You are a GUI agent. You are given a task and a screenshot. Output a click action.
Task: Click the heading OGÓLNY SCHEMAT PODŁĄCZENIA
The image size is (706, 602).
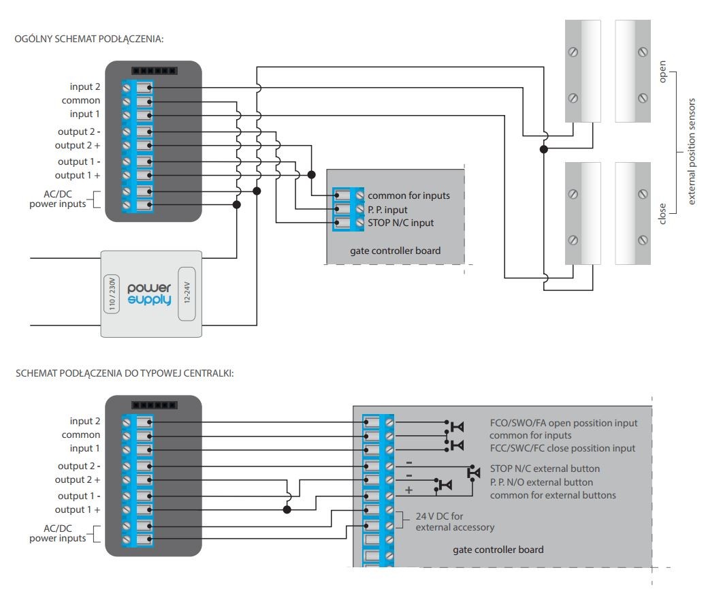click(x=89, y=39)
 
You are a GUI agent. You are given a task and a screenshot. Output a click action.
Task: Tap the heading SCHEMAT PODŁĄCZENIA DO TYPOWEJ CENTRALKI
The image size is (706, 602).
click(x=125, y=373)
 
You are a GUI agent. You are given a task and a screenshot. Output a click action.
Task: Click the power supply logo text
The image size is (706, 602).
click(x=149, y=294)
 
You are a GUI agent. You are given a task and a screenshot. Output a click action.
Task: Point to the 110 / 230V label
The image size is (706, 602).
click(x=112, y=294)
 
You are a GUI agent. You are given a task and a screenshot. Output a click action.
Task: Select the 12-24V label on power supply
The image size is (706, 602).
click(x=187, y=293)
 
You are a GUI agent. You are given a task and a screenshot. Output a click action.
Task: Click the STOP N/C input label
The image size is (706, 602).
click(x=401, y=223)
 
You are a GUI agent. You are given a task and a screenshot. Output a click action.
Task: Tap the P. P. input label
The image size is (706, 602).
click(x=387, y=210)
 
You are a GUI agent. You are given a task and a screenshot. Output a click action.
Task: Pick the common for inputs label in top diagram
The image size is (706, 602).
click(x=409, y=196)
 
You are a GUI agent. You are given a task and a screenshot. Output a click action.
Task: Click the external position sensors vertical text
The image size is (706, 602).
click(x=692, y=152)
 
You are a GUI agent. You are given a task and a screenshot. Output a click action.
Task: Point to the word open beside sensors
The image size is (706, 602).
click(x=662, y=72)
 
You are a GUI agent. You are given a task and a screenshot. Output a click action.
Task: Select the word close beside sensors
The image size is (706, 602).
click(x=662, y=213)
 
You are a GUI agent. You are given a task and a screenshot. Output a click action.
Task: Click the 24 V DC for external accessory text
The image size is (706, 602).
click(x=455, y=522)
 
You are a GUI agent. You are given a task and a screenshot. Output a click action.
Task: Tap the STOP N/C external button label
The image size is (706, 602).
click(x=545, y=469)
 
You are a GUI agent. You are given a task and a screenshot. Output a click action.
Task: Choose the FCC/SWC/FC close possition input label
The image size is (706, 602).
click(x=562, y=449)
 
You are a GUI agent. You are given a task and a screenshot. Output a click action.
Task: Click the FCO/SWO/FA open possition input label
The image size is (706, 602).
click(x=564, y=424)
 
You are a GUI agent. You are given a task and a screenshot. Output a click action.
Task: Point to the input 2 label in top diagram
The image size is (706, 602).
click(x=84, y=86)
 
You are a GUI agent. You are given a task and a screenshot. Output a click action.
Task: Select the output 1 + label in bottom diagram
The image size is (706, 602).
click(x=78, y=509)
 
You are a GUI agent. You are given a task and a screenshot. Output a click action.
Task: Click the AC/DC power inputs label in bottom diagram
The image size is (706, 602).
click(x=58, y=533)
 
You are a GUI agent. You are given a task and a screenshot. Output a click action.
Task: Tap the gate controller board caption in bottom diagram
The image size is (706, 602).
click(x=498, y=550)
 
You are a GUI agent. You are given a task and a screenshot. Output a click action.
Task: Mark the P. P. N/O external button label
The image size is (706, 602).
click(x=541, y=482)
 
